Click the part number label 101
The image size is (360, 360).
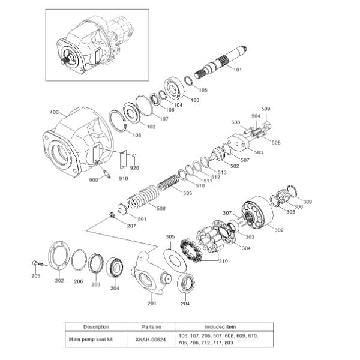pyautogui.click(x=238, y=70)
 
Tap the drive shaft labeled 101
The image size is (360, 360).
pyautogui.click(x=220, y=62)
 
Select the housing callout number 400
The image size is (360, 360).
pyautogui.click(x=54, y=112)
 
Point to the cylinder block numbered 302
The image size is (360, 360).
pyautogui.click(x=257, y=212)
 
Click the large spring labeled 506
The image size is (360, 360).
pyautogui.click(x=142, y=197)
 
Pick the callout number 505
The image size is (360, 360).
pyautogui.click(x=187, y=193)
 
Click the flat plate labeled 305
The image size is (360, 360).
pyautogui.click(x=175, y=258)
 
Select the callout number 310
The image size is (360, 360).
pyautogui.click(x=223, y=261)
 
